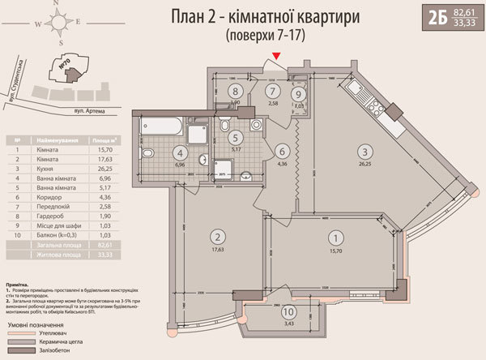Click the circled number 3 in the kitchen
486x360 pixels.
pos(366,151)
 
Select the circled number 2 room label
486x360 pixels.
pos(217,237)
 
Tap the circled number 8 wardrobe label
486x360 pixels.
pos(234,92)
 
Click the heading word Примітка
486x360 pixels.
pos(19,286)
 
